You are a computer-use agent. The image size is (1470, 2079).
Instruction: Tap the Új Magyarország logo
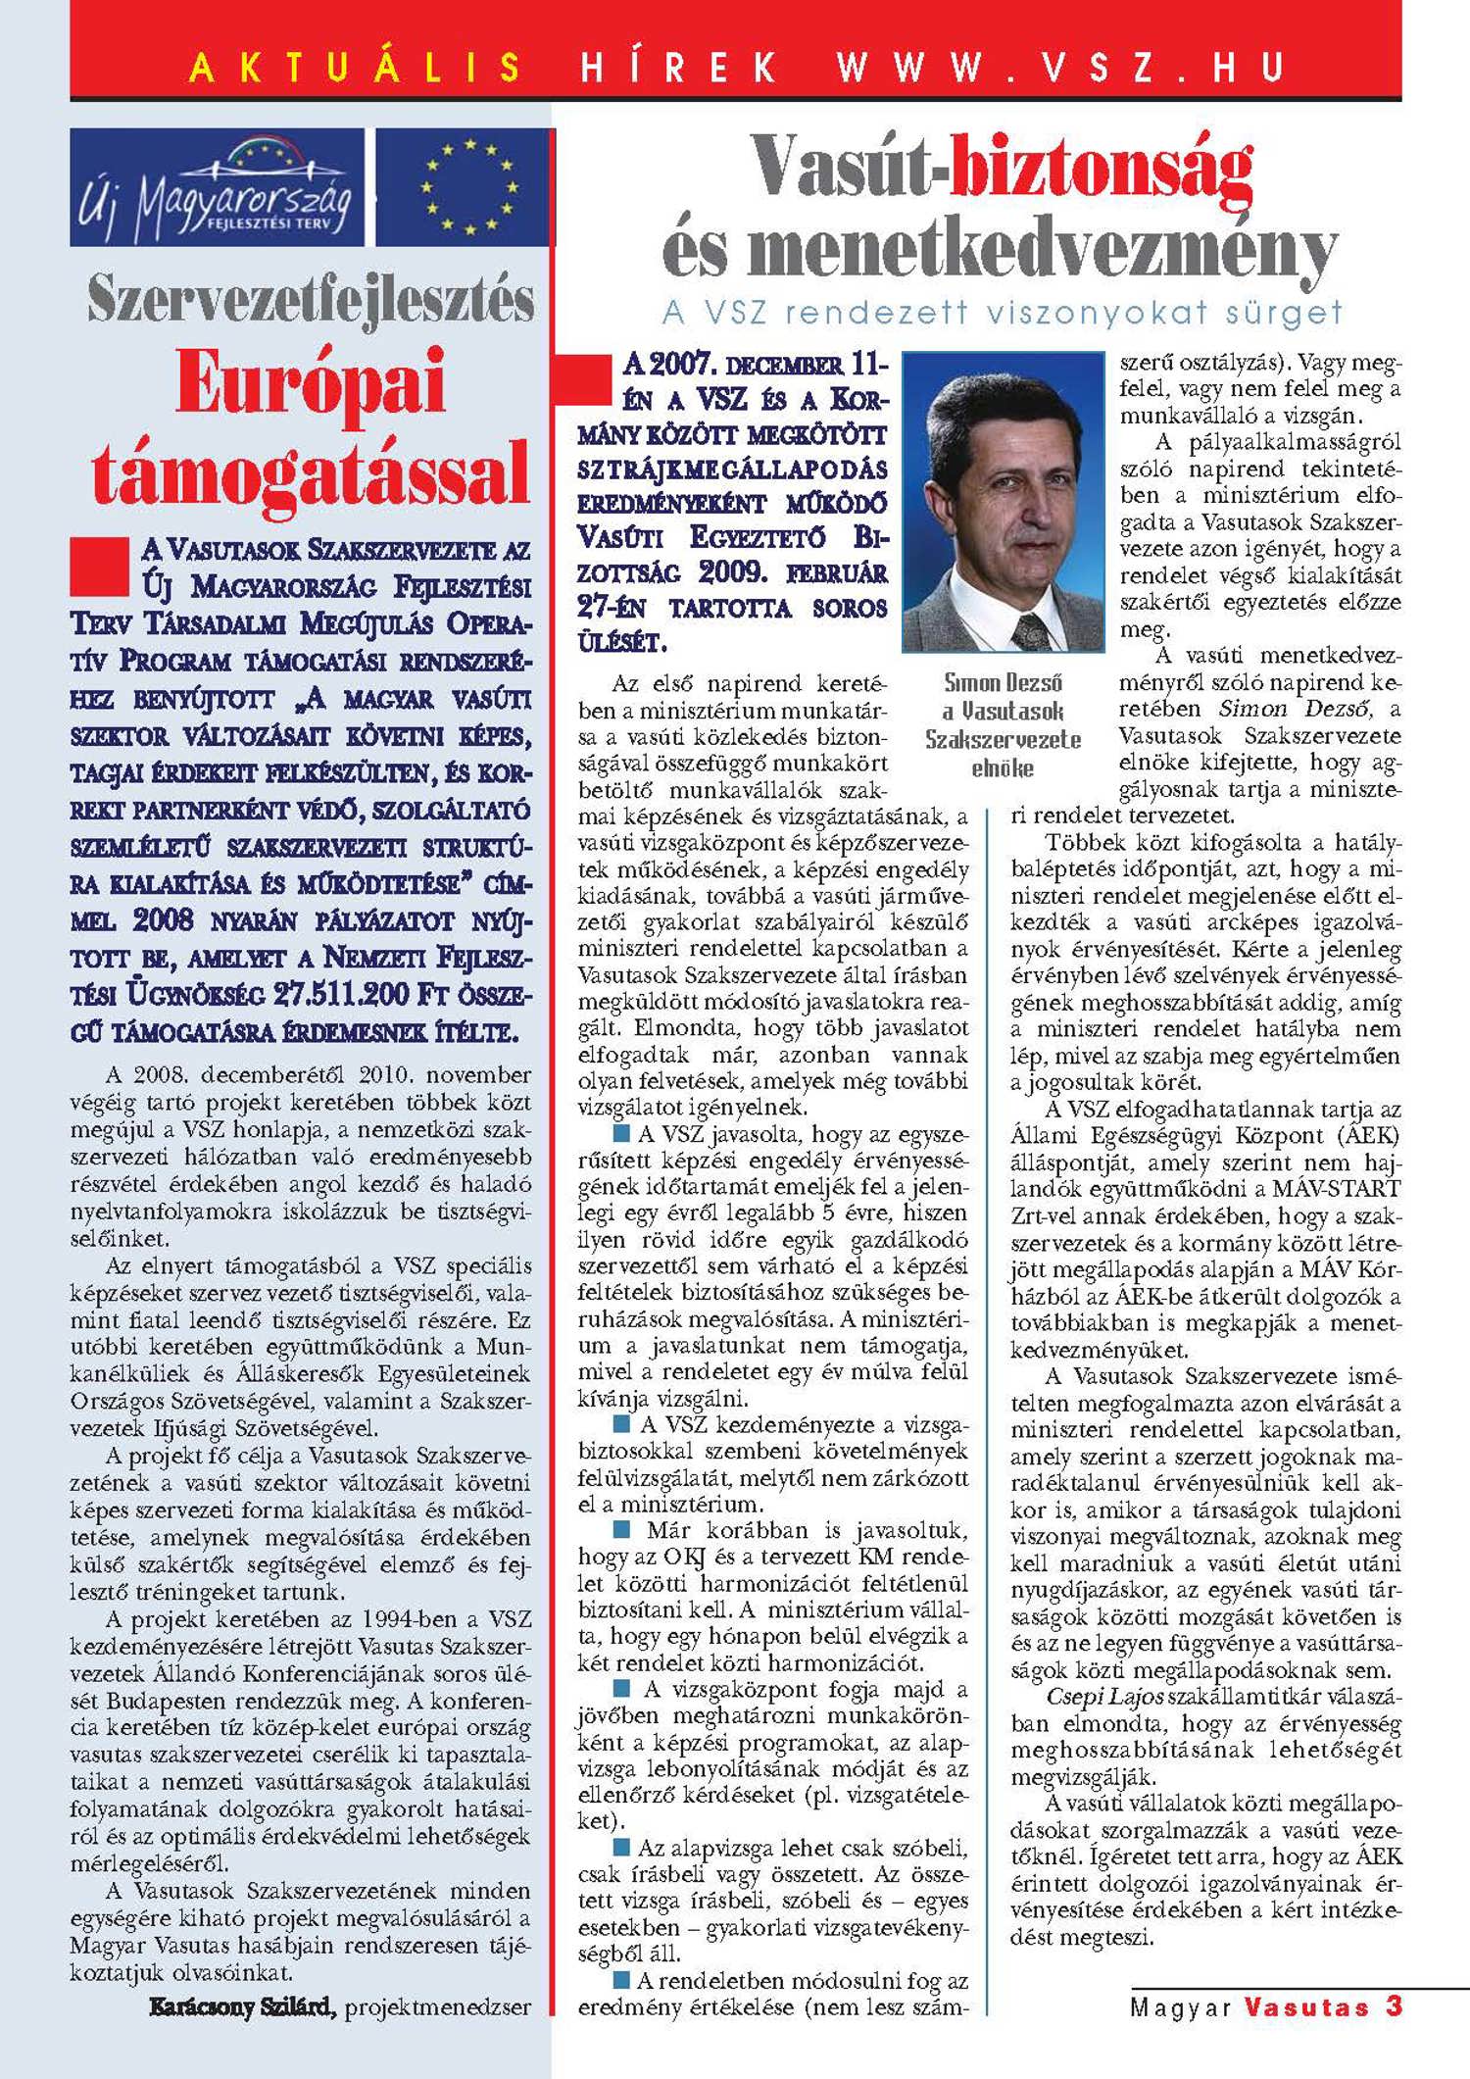[217, 186]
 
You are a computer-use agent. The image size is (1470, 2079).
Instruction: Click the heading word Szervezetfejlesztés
[311, 300]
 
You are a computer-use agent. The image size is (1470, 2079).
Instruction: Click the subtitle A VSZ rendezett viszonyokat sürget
[1002, 313]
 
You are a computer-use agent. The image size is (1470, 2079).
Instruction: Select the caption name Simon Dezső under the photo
[1003, 682]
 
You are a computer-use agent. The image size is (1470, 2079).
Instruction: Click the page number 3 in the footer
[1394, 2005]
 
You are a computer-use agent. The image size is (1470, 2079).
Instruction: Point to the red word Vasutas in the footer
[1307, 2006]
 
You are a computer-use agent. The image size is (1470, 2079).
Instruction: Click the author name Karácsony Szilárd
[242, 2006]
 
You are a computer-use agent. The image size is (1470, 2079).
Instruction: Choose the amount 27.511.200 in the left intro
[340, 994]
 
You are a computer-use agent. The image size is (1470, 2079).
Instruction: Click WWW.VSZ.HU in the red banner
[1059, 68]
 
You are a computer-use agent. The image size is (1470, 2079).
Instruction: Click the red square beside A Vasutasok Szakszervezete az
[100, 566]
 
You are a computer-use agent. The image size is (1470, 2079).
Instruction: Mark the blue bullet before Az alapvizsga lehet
[621, 1848]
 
